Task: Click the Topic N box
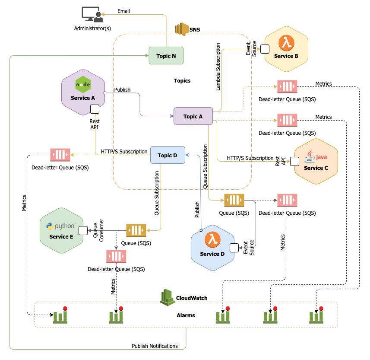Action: pyautogui.click(x=166, y=55)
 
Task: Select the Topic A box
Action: pyautogui.click(x=193, y=116)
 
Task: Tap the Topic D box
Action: pyautogui.click(x=168, y=155)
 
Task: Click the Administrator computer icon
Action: pyautogui.click(x=93, y=15)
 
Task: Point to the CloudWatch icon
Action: pyautogui.click(x=168, y=298)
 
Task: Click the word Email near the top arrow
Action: pyautogui.click(x=123, y=11)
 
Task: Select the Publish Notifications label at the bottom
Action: pyautogui.click(x=155, y=346)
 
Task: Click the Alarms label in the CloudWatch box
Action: pyautogui.click(x=186, y=315)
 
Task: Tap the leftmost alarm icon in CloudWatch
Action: pyautogui.click(x=60, y=315)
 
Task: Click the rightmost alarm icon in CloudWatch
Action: pyautogui.click(x=316, y=315)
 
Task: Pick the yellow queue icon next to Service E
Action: pyautogui.click(x=136, y=230)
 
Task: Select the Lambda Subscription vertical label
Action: pyautogui.click(x=218, y=67)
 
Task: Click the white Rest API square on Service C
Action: pyautogui.click(x=294, y=161)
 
